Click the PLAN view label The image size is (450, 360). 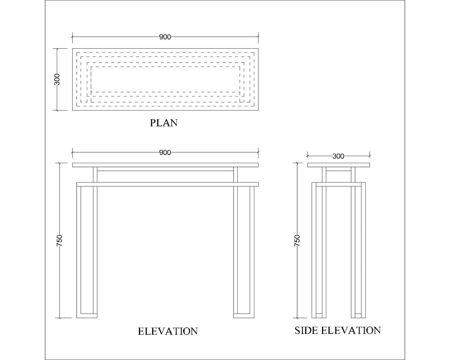click(x=164, y=123)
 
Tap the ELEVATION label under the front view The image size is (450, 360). click(x=168, y=331)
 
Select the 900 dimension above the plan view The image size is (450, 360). click(x=165, y=37)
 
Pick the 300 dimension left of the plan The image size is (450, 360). click(x=57, y=79)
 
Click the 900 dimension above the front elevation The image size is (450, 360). click(x=165, y=153)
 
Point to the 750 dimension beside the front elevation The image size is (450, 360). click(x=59, y=240)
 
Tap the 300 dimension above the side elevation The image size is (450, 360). click(x=338, y=156)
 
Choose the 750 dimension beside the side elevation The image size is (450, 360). click(x=297, y=240)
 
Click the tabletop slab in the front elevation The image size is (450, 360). click(x=165, y=165)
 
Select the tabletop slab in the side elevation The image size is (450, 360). click(x=339, y=165)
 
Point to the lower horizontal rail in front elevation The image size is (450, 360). click(x=168, y=184)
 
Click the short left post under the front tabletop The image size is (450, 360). click(x=95, y=175)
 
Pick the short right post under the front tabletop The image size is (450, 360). click(x=235, y=175)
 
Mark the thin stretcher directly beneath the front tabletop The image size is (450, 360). click(x=165, y=169)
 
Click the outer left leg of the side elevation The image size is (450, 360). click(x=314, y=250)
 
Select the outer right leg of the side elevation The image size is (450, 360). click(x=363, y=250)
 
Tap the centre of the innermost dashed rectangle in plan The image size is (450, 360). click(x=165, y=79)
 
